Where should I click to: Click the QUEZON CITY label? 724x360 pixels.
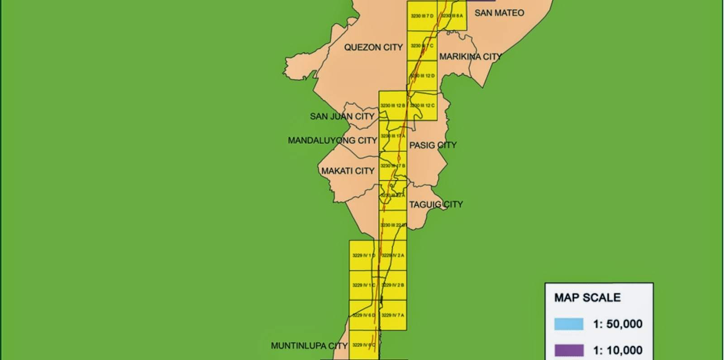(x=373, y=47)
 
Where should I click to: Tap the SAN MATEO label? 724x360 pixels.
(x=499, y=13)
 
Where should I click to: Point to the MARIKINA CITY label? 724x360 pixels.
(x=471, y=57)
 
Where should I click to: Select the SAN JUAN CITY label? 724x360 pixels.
(x=342, y=117)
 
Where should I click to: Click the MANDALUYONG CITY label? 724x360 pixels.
(x=332, y=141)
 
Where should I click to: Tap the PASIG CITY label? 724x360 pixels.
(x=433, y=145)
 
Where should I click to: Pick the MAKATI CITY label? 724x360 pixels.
(x=348, y=171)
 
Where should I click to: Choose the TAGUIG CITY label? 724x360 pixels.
(x=436, y=204)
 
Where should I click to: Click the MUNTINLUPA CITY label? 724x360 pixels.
(x=309, y=346)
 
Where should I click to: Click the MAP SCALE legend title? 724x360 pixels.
(x=587, y=298)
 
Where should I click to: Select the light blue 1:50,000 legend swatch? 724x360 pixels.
(x=569, y=324)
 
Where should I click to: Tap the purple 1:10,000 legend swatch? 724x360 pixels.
(x=569, y=350)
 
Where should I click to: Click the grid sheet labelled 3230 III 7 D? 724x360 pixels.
(x=422, y=16)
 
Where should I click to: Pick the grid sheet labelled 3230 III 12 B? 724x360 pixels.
(x=392, y=106)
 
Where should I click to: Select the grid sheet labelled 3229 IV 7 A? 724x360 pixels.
(x=392, y=315)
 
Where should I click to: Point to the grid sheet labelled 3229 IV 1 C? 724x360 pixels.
(x=363, y=285)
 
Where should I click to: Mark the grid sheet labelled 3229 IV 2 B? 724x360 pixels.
(x=392, y=285)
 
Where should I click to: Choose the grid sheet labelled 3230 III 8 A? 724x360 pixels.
(x=452, y=16)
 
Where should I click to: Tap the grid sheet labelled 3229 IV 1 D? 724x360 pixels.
(x=363, y=256)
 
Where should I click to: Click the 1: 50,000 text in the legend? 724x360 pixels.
(x=618, y=324)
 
